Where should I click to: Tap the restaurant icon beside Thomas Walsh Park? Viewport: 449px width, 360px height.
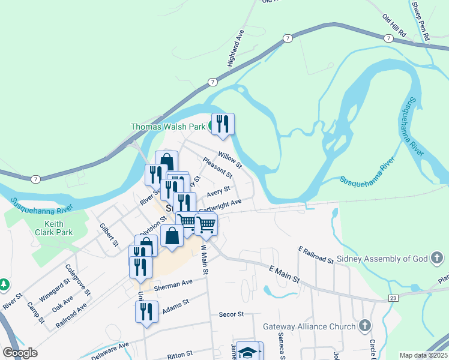[x=223, y=124]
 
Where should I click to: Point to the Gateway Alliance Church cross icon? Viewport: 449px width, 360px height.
[x=364, y=327]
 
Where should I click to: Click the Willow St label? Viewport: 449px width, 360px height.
[x=229, y=160]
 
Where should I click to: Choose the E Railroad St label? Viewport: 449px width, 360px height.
[x=315, y=254]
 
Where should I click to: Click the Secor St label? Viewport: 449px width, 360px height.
[x=231, y=314]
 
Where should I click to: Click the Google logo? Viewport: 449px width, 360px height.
[x=20, y=353]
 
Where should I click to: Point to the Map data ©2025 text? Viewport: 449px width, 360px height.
[x=424, y=355]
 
